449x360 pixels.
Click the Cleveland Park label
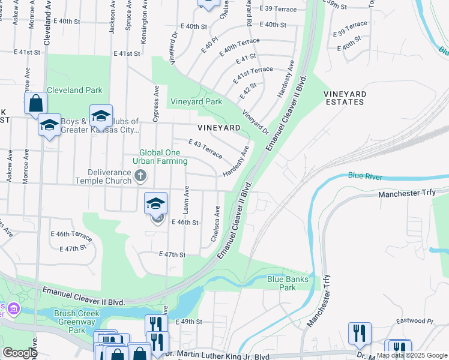tap(74, 91)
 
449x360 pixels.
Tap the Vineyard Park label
tap(196, 102)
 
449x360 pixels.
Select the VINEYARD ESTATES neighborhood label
tap(352, 98)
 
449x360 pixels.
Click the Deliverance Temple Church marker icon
tap(140, 175)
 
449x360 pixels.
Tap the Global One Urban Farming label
tap(160, 157)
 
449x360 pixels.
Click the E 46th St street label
tap(185, 222)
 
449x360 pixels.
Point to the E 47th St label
tap(172, 254)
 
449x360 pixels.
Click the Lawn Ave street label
tap(187, 200)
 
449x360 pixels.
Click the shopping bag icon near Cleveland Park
tap(36, 103)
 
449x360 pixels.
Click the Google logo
tap(19, 352)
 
